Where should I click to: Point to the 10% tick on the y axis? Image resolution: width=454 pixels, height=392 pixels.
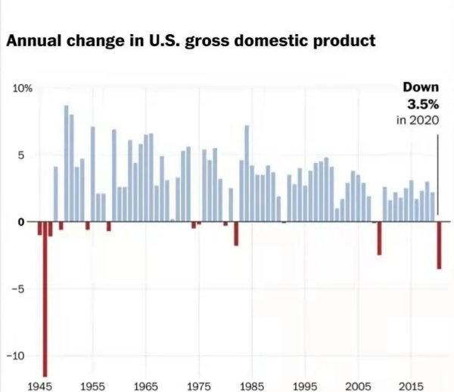coord(22,89)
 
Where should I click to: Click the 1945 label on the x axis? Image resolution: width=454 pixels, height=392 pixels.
coord(39,386)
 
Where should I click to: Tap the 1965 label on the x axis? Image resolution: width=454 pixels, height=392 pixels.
coord(145,386)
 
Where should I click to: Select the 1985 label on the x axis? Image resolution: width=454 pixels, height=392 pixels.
coord(251,386)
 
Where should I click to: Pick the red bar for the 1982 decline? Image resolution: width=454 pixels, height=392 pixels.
coord(236,233)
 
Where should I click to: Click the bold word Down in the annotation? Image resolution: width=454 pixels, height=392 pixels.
coord(420,89)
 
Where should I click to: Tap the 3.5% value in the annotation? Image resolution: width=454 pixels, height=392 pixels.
coord(422,105)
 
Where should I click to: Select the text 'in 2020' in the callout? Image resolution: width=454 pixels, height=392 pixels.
coord(418,121)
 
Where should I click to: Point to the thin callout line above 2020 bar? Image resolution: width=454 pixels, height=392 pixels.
coord(438,174)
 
